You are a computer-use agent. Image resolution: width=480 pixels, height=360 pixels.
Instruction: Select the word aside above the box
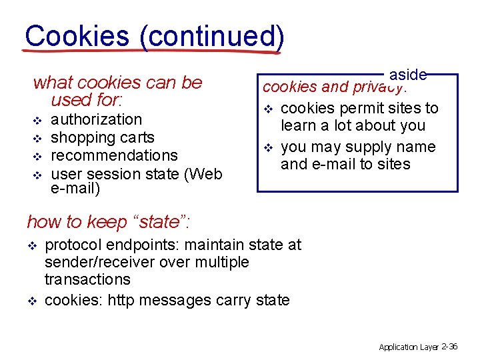coord(408,75)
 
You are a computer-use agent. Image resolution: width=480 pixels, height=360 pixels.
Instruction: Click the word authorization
coord(97,119)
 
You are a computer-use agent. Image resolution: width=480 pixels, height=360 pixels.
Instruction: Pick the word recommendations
coord(114,155)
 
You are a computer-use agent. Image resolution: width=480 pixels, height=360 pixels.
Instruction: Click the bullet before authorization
coord(37,120)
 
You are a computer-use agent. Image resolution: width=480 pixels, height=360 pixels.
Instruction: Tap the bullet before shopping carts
coord(37,138)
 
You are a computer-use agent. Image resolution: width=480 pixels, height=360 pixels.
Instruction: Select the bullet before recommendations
coord(37,156)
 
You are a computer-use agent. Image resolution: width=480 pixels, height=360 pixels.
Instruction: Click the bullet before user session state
coord(37,174)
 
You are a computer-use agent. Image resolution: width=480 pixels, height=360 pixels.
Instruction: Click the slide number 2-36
coord(449,347)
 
